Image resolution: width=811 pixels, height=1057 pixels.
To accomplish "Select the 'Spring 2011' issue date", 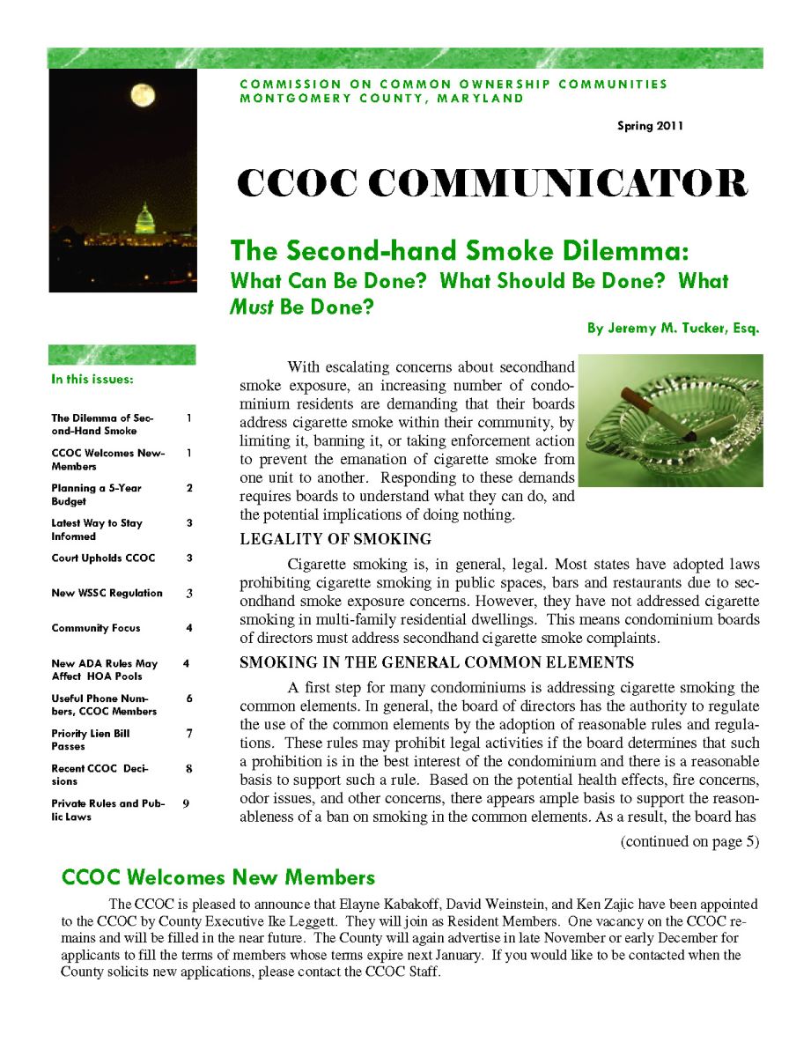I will tap(650, 126).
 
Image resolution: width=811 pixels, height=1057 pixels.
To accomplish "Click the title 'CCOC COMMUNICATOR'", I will tap(493, 183).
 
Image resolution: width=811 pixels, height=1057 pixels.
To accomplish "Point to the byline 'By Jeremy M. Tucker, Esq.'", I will tap(673, 329).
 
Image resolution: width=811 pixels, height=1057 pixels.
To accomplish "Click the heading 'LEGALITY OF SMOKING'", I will tap(335, 539).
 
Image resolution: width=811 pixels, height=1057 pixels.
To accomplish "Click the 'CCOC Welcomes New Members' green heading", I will tap(218, 877).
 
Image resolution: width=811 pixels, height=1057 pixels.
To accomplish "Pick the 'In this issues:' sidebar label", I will tap(92, 381).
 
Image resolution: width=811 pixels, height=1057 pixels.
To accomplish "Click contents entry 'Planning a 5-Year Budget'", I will tap(96, 494).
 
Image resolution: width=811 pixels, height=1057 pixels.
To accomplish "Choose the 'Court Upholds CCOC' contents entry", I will tap(103, 558).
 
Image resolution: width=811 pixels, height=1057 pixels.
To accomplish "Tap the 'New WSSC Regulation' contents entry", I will tap(107, 593).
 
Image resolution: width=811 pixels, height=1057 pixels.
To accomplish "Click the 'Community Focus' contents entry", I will tap(96, 628).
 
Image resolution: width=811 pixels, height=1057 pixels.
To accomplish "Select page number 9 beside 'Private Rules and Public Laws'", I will tap(187, 803).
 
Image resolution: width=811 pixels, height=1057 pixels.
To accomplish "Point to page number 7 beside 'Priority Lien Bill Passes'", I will tap(188, 733).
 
